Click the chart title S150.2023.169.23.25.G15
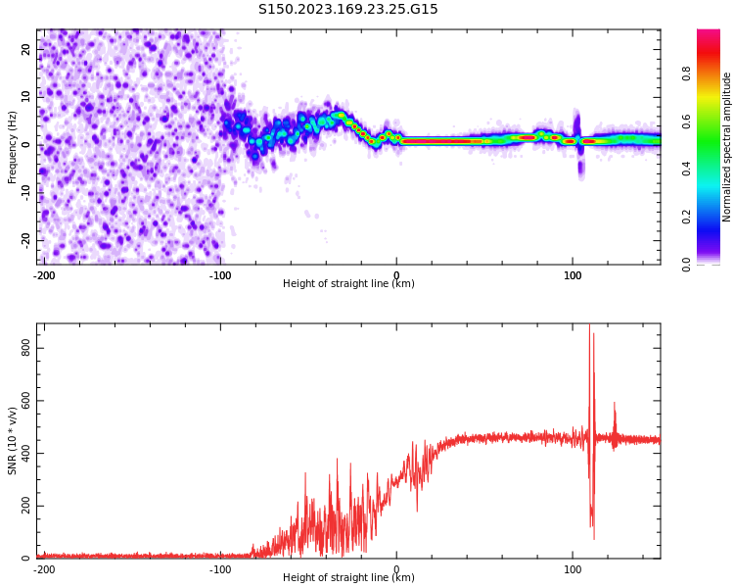(x=347, y=9)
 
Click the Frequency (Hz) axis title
(x=12, y=147)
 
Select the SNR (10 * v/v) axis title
(x=12, y=441)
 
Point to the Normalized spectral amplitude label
(x=726, y=147)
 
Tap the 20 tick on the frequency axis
(x=25, y=49)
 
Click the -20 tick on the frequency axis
(x=25, y=240)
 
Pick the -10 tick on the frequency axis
(x=25, y=193)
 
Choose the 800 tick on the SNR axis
(x=25, y=349)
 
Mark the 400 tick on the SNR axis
(x=25, y=454)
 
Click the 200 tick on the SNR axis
(x=25, y=507)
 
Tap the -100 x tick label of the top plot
(x=220, y=275)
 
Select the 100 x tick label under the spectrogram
(x=573, y=275)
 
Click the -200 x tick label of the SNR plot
(x=43, y=569)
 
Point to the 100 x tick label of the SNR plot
(x=573, y=569)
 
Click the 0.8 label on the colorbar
(x=686, y=73)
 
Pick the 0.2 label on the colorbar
(x=686, y=217)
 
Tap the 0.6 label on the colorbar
(x=686, y=121)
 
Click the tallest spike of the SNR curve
(x=589, y=325)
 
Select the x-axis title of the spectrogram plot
(x=348, y=283)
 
